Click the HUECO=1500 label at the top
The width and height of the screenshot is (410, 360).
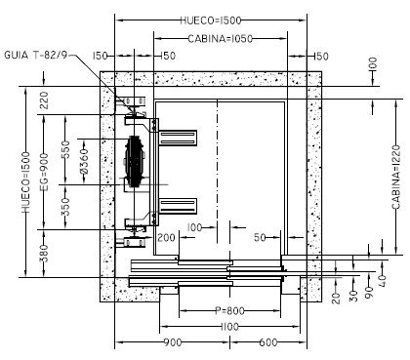(x=211, y=20)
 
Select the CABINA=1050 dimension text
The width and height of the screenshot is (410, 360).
(x=221, y=39)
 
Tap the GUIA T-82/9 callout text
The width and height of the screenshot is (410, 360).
(x=35, y=55)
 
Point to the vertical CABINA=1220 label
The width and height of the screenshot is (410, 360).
(x=396, y=178)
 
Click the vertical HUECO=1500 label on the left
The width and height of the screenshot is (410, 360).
(x=26, y=182)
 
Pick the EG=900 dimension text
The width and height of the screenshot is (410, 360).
(x=44, y=173)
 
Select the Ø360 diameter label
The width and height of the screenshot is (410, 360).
(x=84, y=161)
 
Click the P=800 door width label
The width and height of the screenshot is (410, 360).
(x=229, y=310)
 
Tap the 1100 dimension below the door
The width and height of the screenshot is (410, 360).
(x=229, y=327)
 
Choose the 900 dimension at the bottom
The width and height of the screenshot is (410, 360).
(x=173, y=342)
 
